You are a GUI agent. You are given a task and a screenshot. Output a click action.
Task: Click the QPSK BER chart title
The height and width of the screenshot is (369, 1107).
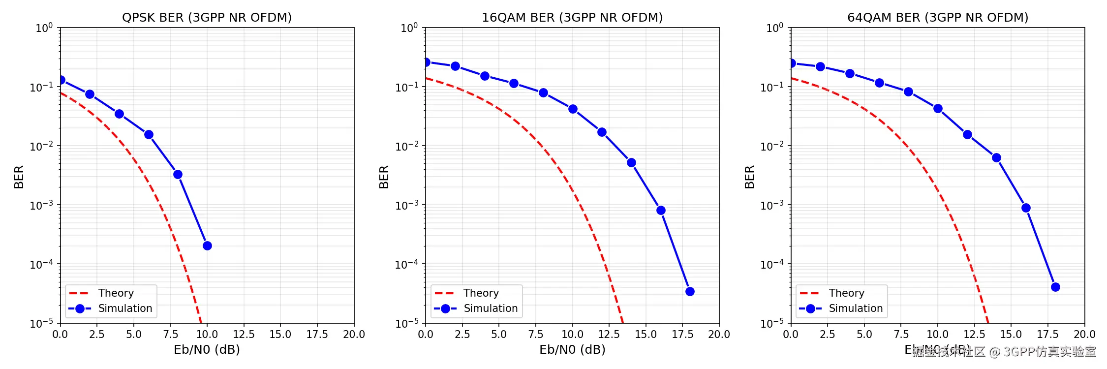[207, 18]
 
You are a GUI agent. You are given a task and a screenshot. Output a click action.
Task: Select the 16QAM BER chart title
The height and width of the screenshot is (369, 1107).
[572, 18]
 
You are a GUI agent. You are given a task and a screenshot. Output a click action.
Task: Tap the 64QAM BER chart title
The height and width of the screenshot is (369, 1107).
[938, 18]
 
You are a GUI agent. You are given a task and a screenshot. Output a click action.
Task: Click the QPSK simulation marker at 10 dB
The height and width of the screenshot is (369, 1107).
[207, 246]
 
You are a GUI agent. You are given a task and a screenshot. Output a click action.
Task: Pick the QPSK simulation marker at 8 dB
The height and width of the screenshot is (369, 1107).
[178, 174]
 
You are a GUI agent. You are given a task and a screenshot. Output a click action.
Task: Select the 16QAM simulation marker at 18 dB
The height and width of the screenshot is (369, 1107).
[690, 291]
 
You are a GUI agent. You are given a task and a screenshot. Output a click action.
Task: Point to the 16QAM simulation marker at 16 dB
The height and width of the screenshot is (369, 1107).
[661, 210]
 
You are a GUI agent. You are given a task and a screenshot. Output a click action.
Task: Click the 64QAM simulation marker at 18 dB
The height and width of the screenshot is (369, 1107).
[1055, 287]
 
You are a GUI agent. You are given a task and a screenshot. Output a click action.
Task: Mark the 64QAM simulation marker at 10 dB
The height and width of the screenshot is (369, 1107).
[938, 108]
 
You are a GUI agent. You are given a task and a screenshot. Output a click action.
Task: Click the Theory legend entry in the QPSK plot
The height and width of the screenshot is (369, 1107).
[116, 293]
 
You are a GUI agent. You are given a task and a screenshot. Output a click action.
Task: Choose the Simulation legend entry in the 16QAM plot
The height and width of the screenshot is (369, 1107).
[491, 308]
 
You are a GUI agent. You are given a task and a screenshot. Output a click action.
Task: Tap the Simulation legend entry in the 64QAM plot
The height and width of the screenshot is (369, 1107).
[856, 308]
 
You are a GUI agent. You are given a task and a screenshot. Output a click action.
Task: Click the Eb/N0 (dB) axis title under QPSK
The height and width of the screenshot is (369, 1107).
[207, 350]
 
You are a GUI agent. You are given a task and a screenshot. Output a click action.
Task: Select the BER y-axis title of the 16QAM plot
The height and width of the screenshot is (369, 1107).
[384, 177]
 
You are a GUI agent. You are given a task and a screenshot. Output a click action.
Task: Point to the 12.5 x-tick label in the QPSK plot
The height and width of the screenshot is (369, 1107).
[244, 335]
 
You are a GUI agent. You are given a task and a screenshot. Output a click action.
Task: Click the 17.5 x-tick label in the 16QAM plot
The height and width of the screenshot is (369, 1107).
[682, 335]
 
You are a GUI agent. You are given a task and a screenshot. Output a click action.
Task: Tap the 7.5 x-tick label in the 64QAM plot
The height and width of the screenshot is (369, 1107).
[901, 335]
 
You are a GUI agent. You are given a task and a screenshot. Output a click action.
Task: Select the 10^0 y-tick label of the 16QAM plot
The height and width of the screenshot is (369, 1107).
[409, 28]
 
